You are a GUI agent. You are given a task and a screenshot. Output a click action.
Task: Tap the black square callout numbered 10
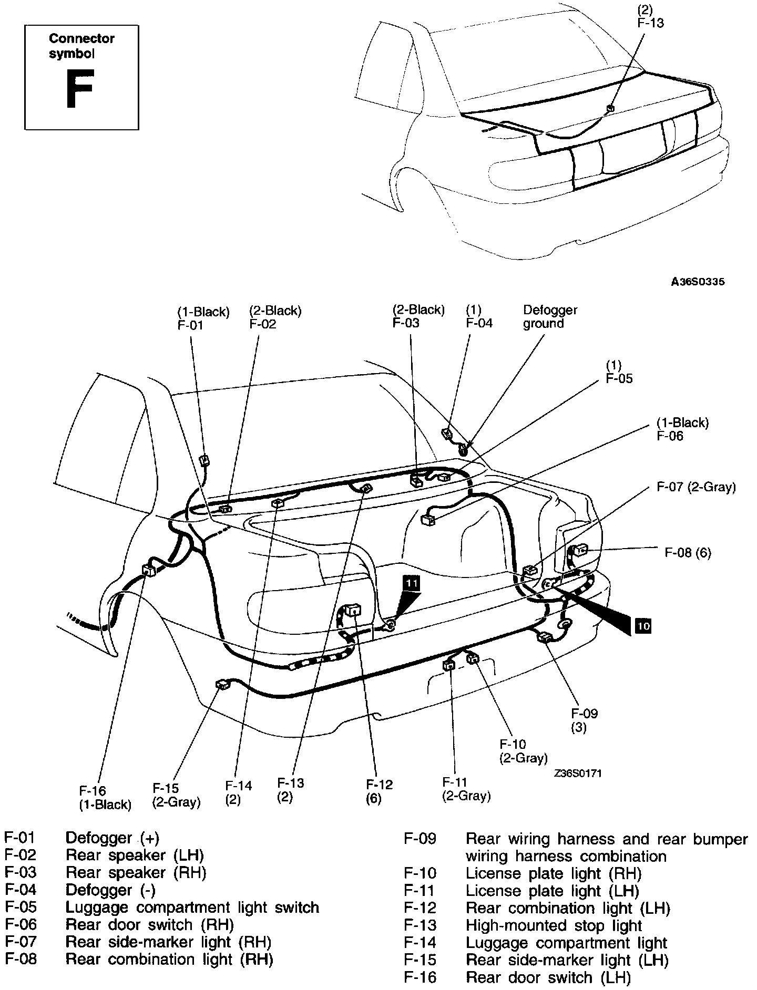point(643,626)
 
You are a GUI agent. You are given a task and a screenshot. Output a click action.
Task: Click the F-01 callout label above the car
point(190,325)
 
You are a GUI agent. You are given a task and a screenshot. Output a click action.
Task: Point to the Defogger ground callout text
point(550,317)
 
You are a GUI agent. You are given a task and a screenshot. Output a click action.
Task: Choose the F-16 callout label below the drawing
point(93,791)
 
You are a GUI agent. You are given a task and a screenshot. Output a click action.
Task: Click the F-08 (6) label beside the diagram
point(688,552)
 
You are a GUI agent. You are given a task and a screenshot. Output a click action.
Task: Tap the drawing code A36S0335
point(698,282)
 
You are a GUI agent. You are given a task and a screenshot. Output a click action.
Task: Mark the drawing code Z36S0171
point(577,773)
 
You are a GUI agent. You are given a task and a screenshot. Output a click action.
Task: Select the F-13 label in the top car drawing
point(650,23)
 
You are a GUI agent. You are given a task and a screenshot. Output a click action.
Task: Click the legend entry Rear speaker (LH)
point(135,855)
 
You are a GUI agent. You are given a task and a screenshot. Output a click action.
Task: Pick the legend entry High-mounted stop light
point(554,925)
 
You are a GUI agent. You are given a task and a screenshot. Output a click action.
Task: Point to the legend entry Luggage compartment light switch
point(192,907)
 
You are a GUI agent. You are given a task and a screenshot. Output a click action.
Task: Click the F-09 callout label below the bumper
point(584,714)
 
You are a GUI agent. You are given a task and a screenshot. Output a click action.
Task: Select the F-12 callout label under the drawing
point(380,785)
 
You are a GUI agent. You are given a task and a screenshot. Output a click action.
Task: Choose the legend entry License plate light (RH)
point(553,873)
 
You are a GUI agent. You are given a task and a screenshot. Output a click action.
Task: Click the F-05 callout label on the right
point(619,378)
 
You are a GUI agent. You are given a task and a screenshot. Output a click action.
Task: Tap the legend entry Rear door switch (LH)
point(548,977)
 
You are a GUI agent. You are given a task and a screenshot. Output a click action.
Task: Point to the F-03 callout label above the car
point(406,323)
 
